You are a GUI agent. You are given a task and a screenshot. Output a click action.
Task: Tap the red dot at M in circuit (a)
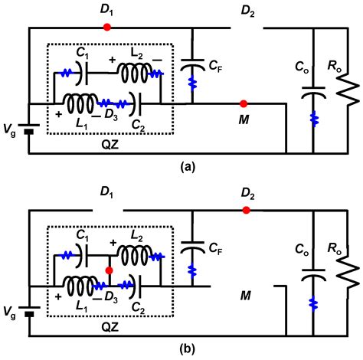pyautogui.click(x=243, y=103)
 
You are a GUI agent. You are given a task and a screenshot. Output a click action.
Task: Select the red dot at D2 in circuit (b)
pyautogui.click(x=246, y=210)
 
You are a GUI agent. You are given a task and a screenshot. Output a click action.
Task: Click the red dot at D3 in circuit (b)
pyautogui.click(x=110, y=270)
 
